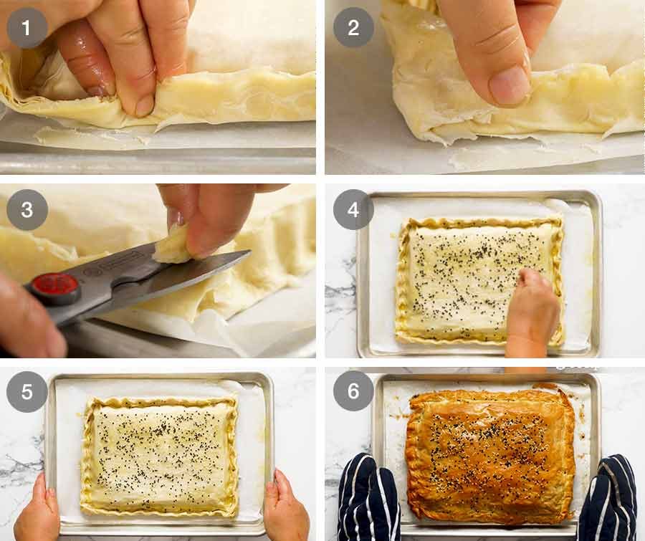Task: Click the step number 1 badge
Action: [x=27, y=28]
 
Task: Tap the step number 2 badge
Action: [x=353, y=28]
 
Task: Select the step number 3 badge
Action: [x=27, y=210]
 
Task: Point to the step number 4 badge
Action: [x=353, y=210]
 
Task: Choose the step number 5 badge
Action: [x=27, y=391]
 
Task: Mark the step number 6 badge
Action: [x=353, y=391]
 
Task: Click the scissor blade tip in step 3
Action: [x=248, y=253]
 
